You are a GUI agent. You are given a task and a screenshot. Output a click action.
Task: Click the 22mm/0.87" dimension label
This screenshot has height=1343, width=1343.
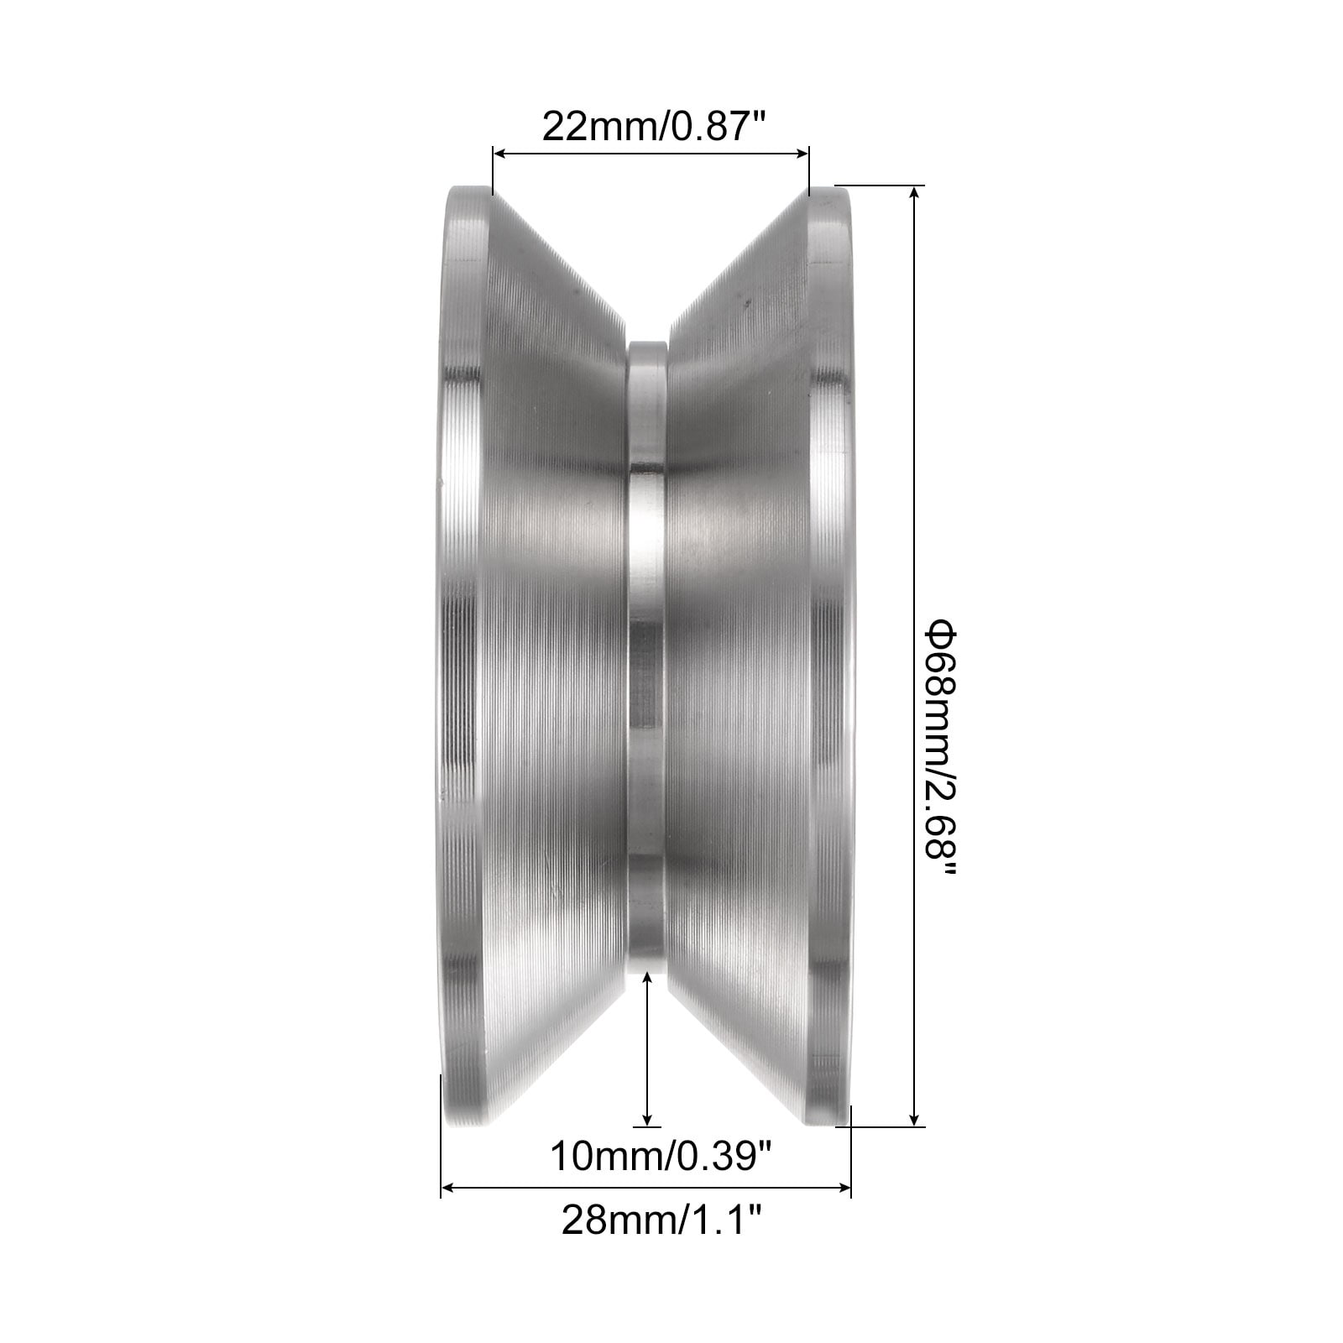pyautogui.click(x=656, y=126)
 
